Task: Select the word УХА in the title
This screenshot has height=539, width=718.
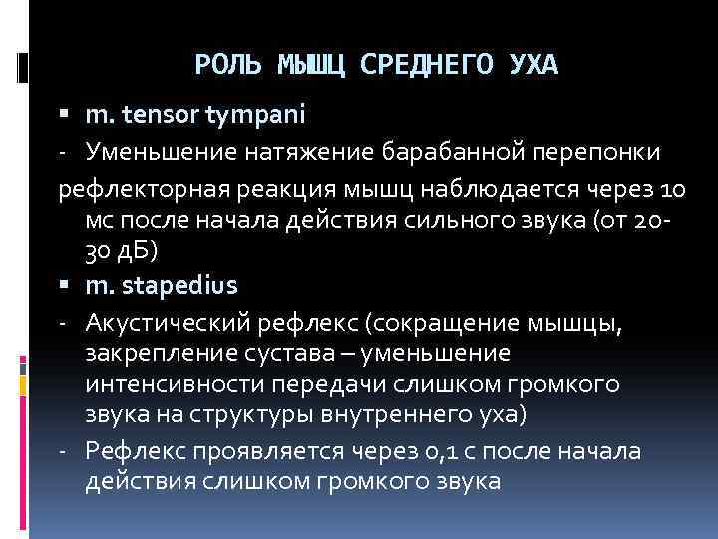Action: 527,65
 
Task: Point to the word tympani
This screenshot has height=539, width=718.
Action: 256,116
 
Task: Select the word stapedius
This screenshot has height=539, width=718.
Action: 180,286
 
